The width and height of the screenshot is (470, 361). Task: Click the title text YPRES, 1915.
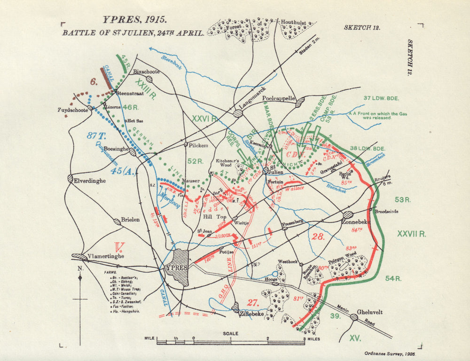coord(134,20)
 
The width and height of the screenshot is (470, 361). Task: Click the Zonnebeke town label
coord(358,221)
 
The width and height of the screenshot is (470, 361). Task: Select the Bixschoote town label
coord(147,71)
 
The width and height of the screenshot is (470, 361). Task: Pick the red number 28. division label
coord(318,236)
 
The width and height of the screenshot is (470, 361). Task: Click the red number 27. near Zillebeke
coord(254,302)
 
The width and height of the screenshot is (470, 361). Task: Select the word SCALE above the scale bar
coord(230,333)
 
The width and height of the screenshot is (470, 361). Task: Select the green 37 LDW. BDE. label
coord(381,98)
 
